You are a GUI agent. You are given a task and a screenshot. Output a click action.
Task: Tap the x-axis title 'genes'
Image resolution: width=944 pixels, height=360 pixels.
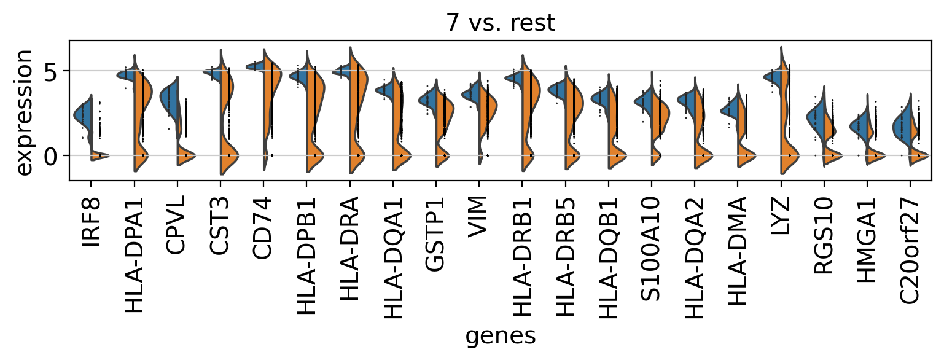click(x=500, y=337)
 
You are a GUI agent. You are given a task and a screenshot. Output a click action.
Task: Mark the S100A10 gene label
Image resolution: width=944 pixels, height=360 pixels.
click(x=651, y=249)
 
